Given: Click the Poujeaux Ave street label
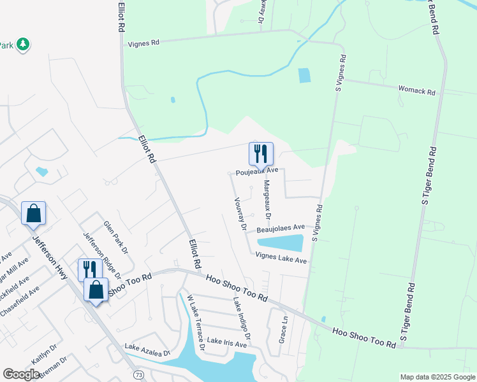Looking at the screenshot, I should [257, 171].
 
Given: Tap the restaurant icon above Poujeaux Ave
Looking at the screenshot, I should [261, 153].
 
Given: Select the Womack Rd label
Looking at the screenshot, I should [416, 90].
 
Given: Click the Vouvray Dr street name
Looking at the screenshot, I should [240, 213].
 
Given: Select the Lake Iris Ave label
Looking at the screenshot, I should [226, 344].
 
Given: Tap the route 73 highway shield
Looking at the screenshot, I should [138, 375].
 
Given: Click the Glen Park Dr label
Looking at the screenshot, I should [115, 237].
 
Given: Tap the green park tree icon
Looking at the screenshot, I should [24, 44].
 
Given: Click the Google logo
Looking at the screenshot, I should [21, 374].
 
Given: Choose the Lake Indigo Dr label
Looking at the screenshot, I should [242, 318].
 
